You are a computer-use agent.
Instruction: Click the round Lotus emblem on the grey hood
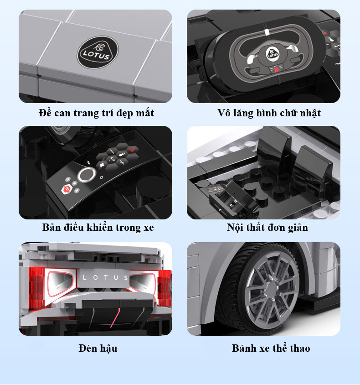click(98, 53)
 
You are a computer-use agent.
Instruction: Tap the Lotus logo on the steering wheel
click(273, 54)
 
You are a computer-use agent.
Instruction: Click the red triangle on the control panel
click(133, 150)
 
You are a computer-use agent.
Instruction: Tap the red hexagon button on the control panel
click(67, 189)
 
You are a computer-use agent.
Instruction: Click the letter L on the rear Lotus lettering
click(85, 278)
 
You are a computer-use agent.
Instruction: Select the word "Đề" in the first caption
click(45, 113)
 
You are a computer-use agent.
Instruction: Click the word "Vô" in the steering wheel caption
click(224, 113)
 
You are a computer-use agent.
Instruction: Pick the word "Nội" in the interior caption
click(235, 227)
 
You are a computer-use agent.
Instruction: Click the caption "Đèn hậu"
click(98, 348)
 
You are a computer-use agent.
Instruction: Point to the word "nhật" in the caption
click(310, 113)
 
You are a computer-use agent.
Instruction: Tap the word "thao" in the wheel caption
click(300, 348)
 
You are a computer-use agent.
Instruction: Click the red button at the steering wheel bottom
click(276, 69)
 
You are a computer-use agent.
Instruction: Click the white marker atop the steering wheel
click(267, 32)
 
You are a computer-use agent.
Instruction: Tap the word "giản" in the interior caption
click(298, 228)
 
